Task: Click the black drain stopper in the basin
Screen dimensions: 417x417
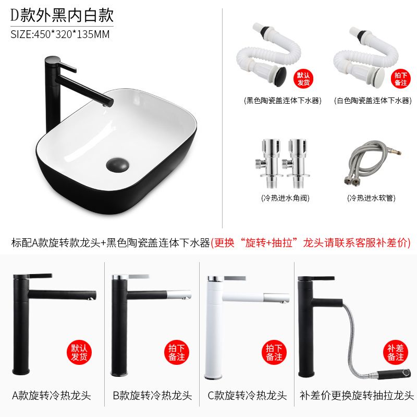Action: pos(118,164)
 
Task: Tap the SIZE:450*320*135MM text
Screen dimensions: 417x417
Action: pos(60,34)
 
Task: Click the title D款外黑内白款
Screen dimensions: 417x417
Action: pos(62,15)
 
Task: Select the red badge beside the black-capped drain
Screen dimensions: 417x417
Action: pos(303,79)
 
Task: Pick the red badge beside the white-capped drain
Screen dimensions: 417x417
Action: pos(400,79)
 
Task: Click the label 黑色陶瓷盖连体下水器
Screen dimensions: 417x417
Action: pos(283,101)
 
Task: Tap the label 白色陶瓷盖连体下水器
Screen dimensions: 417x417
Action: pos(373,101)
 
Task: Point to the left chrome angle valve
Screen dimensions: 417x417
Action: pos(268,163)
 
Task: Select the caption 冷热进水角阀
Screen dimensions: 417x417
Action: pos(285,198)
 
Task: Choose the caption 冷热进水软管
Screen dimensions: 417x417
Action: pos(371,198)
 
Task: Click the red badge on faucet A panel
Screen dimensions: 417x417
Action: pos(79,352)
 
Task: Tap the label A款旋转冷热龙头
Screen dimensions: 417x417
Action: pos(52,396)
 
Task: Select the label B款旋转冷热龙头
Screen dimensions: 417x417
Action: pos(152,396)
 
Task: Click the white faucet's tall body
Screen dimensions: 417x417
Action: pos(214,327)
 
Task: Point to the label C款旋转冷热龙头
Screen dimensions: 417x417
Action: pos(247,396)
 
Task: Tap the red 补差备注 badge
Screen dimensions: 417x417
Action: pos(396,352)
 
